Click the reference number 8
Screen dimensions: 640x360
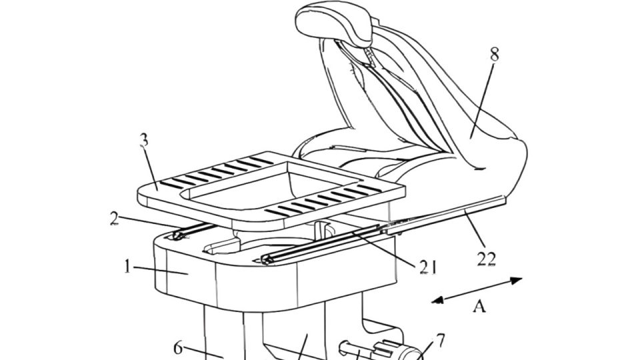[x=494, y=54]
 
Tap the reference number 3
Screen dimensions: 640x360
[x=144, y=141]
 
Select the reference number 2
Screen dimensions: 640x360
[x=115, y=218]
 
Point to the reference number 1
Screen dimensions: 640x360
[x=128, y=267]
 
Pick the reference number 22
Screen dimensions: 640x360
[x=487, y=259]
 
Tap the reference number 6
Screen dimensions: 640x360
[x=178, y=348]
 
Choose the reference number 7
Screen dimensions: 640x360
[x=441, y=340]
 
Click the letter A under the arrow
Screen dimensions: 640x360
[x=479, y=306]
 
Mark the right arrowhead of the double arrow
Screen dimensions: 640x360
[x=517, y=281]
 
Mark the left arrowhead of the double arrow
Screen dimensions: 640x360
[x=437, y=301]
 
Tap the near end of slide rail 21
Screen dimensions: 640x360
[x=266, y=259]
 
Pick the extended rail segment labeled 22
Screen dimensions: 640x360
[x=445, y=215]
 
